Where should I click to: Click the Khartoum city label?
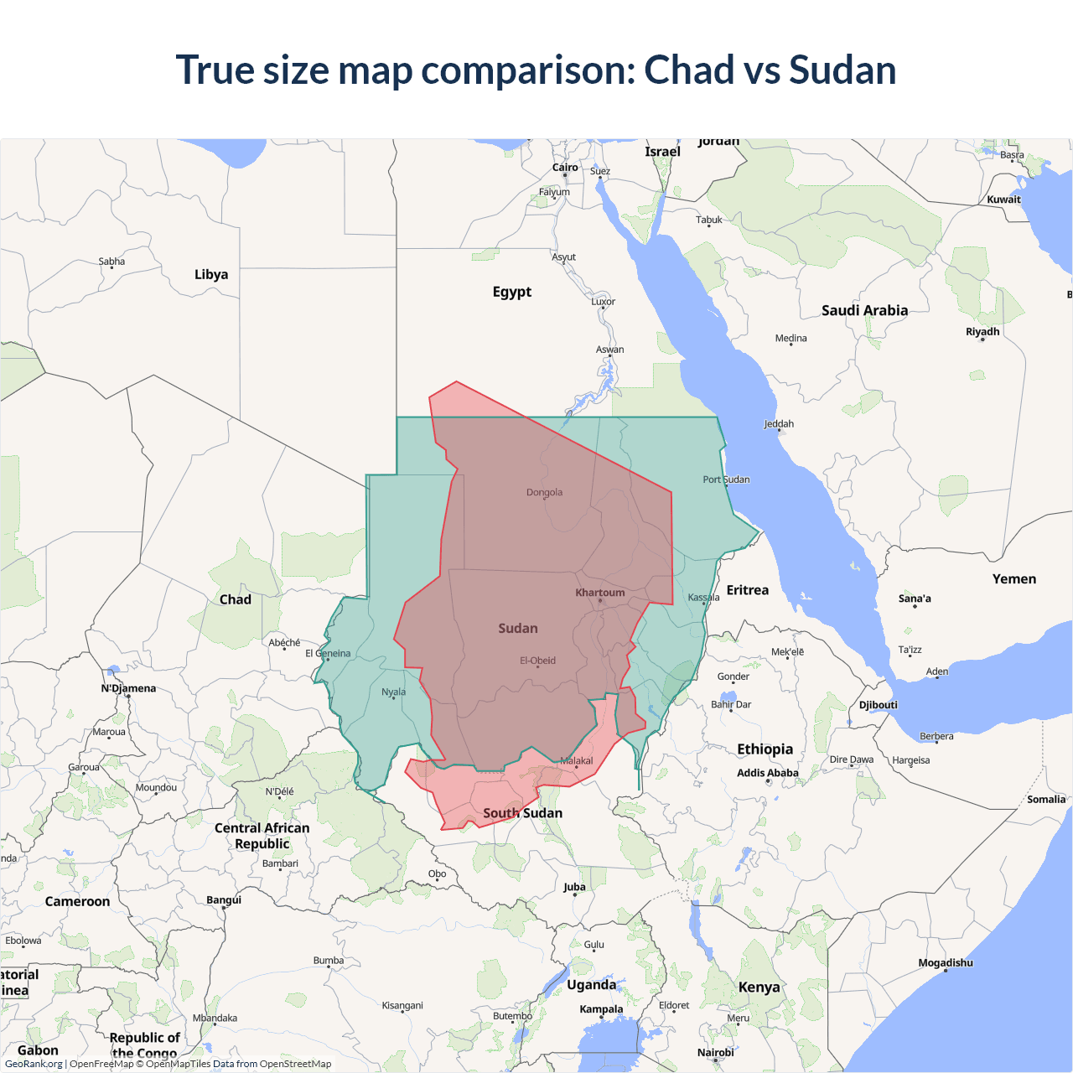(600, 593)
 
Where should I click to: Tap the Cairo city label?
(565, 168)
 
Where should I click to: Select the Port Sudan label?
(726, 479)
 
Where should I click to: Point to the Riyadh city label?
(982, 332)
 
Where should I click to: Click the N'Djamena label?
(128, 688)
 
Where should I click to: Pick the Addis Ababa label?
(767, 773)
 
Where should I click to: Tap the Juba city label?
(574, 887)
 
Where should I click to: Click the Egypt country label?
(512, 292)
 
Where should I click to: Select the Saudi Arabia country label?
(864, 310)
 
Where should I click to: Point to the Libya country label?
(211, 274)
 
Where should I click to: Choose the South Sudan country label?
(522, 813)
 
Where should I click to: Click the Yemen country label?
(1013, 579)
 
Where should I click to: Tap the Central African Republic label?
(262, 836)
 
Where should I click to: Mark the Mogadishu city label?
(945, 962)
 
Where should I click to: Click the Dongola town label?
(544, 492)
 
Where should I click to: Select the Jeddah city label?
(779, 424)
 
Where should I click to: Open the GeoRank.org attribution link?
(34, 1064)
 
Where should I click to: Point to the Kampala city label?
(601, 1009)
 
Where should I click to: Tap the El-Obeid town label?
(537, 661)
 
